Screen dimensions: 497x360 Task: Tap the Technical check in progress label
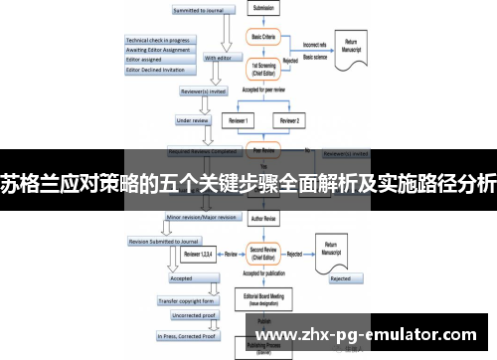coord(157,41)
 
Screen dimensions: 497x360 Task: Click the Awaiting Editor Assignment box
coord(157,50)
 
